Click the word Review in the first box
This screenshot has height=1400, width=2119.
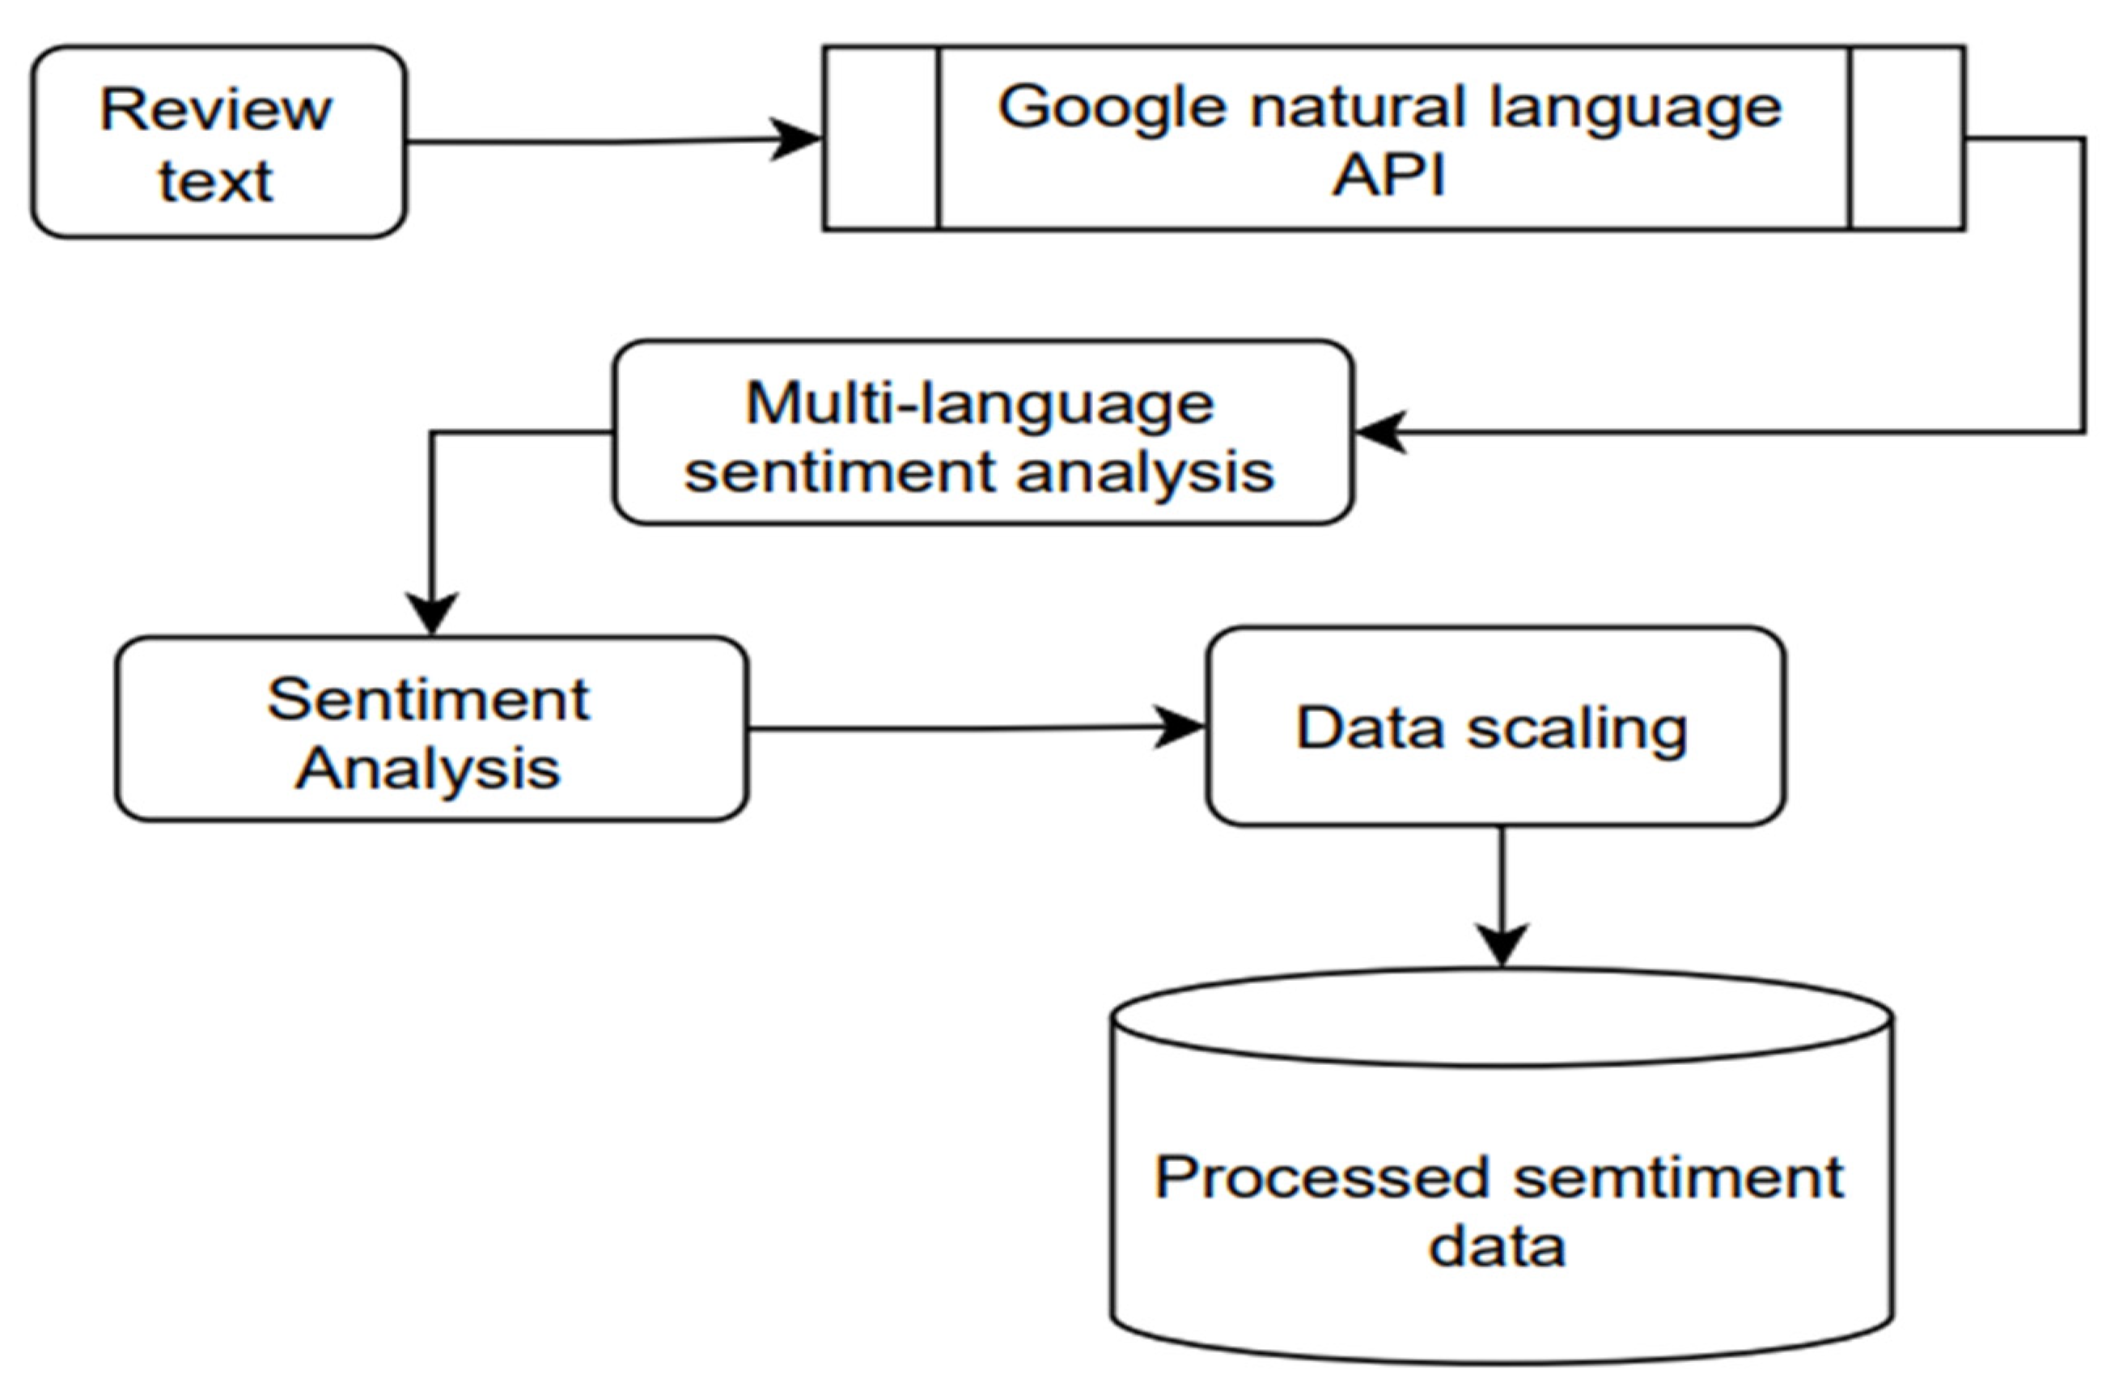[215, 110]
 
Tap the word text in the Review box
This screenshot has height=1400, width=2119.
[215, 182]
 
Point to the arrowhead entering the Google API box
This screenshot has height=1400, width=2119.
[796, 139]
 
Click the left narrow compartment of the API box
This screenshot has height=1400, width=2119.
[881, 138]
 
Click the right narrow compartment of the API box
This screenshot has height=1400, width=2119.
[1906, 138]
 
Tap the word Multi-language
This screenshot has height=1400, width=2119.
[979, 404]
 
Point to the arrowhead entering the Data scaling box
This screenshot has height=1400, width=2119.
[1179, 727]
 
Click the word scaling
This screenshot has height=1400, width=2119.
[1577, 729]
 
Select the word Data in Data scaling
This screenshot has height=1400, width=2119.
[1369, 728]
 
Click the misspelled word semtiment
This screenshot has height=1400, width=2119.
[1678, 1177]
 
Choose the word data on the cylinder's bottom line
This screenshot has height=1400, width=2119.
[1497, 1246]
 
